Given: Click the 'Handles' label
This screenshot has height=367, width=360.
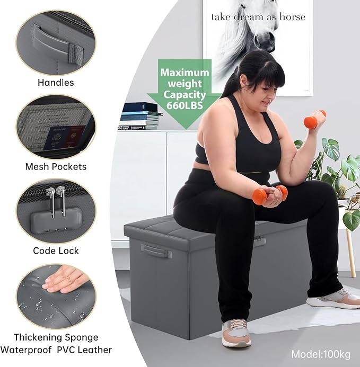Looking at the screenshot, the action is click(x=56, y=83).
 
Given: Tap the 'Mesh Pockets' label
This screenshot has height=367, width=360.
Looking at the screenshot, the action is click(x=56, y=167).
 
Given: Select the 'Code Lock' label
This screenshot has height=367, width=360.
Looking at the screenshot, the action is click(x=56, y=250).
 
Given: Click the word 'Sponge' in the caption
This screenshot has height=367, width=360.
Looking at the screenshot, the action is click(x=82, y=338).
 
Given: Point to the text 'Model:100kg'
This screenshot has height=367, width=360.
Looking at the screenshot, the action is click(x=321, y=354).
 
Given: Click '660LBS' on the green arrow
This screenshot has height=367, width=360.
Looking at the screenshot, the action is click(x=185, y=105).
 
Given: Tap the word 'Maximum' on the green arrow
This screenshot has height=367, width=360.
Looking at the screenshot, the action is click(x=185, y=73).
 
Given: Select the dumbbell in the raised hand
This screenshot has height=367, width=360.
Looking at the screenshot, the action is click(x=314, y=120).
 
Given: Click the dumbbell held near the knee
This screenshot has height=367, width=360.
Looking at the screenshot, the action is click(x=270, y=195).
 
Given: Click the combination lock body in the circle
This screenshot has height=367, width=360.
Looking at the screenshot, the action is click(x=56, y=220).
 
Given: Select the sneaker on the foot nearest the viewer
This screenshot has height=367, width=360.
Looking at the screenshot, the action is click(x=236, y=333).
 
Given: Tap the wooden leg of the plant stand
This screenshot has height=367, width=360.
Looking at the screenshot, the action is click(x=349, y=252).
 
